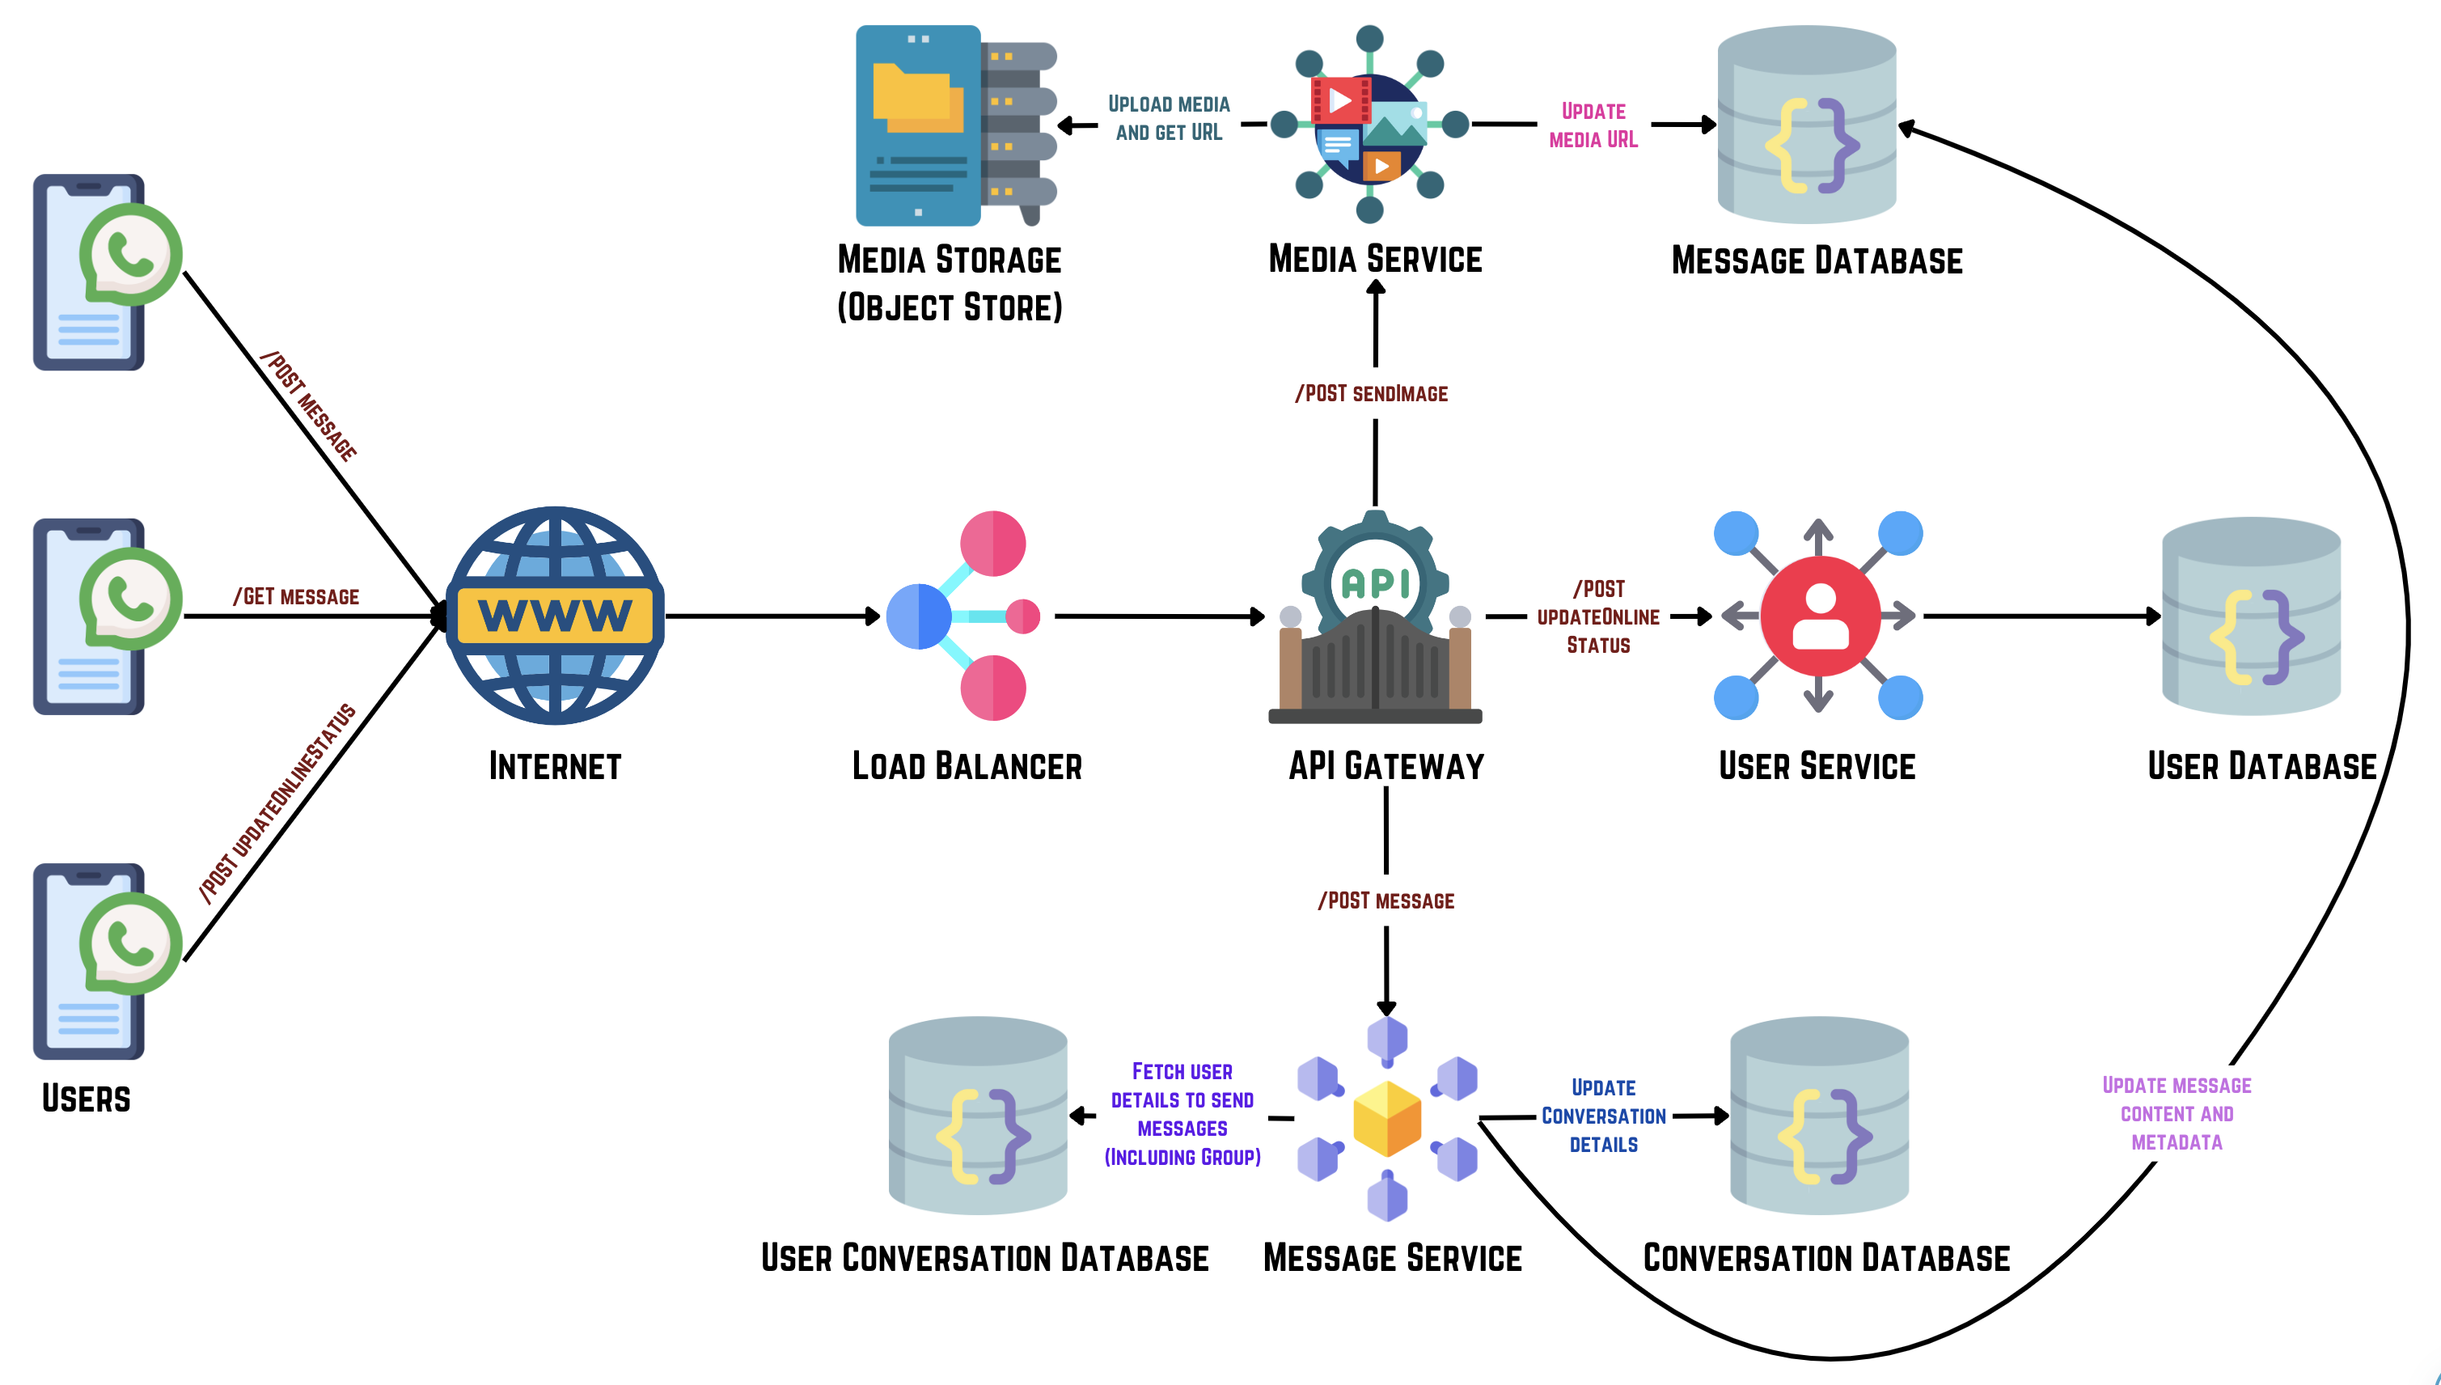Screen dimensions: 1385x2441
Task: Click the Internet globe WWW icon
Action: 556,616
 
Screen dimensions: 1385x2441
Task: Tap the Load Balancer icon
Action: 962,616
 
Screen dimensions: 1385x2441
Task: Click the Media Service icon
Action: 1369,124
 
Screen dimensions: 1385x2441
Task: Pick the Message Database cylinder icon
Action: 1807,124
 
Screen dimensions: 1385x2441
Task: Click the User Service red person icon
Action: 1819,616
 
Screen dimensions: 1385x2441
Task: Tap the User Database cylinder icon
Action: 2251,616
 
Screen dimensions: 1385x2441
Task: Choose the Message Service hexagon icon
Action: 1386,1118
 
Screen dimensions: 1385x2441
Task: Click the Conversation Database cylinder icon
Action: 1819,1115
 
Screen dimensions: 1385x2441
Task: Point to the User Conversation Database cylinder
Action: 978,1115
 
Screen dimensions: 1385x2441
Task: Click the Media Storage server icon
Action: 956,125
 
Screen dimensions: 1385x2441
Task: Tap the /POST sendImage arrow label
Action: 1371,394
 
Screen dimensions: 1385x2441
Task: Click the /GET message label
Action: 296,596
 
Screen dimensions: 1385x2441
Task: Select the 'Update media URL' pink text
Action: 1593,125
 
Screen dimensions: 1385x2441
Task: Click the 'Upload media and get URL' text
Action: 1169,118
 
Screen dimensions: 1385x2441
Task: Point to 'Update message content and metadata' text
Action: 2177,1114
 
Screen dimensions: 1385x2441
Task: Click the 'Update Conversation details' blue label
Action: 1603,1116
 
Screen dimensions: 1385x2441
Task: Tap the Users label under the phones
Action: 86,1099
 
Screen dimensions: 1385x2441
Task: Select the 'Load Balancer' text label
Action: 967,767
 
